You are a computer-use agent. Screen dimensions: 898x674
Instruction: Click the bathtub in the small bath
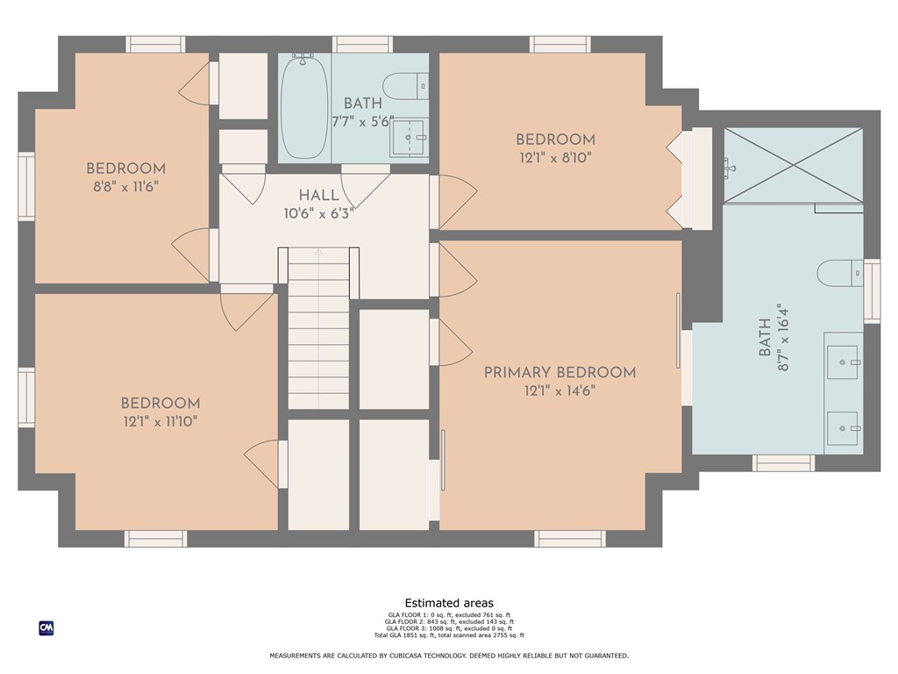point(304,106)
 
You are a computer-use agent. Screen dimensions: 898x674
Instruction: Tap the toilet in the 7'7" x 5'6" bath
point(405,86)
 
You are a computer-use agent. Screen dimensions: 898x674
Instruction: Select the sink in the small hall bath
point(409,138)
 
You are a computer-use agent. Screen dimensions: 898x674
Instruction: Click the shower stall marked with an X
point(793,165)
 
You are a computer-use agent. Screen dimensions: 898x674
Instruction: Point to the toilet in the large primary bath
point(840,273)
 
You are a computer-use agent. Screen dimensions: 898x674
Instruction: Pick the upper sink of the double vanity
point(843,362)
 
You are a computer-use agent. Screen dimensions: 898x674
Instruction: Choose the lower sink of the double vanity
point(843,428)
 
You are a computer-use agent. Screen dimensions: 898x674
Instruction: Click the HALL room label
point(318,195)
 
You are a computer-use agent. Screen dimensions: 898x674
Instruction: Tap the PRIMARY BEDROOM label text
point(559,372)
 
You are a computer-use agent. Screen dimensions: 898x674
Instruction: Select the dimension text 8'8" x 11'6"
point(125,187)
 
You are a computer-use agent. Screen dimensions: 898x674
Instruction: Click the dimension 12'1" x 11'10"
point(160,422)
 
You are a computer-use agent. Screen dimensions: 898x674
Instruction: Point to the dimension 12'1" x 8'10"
point(555,158)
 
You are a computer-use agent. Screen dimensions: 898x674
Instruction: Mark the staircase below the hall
point(318,328)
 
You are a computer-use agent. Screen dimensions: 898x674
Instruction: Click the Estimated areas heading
point(449,603)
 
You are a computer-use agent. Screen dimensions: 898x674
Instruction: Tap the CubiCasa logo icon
point(46,628)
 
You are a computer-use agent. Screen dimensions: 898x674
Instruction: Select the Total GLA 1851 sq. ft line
point(449,635)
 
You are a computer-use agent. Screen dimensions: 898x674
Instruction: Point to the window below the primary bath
point(783,463)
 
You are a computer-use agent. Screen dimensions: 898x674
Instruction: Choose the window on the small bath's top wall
point(362,45)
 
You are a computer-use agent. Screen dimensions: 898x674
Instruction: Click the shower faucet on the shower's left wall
point(729,168)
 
